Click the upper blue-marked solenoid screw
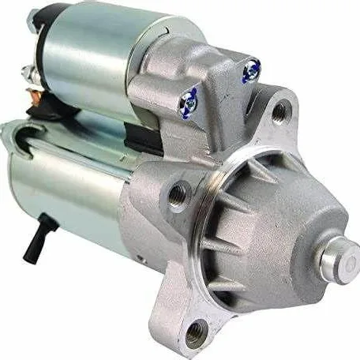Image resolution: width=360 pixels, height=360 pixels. click(x=252, y=72)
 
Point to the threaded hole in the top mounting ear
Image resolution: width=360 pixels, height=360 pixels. click(x=278, y=111)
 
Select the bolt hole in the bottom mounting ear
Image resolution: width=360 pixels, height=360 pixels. click(x=196, y=330)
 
